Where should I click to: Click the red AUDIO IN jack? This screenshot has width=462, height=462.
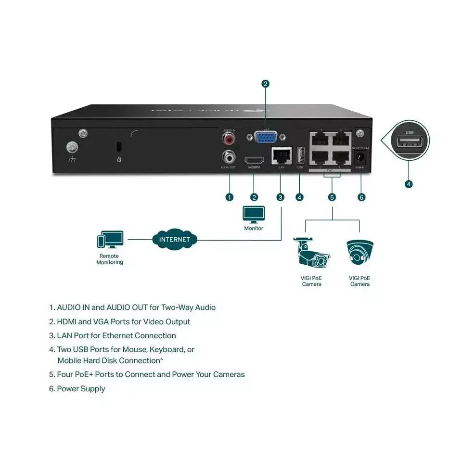point(229,139)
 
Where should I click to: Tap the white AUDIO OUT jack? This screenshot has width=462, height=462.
point(229,156)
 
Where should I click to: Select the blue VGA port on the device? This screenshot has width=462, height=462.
point(265,138)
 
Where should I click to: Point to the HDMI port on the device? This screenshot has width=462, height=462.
point(254,159)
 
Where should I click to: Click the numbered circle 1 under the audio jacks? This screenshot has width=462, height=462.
point(229,196)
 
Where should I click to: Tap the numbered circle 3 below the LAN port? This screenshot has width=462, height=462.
point(281,196)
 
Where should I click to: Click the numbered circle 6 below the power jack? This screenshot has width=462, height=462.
point(362,196)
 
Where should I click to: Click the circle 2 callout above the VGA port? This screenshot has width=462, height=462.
point(265,84)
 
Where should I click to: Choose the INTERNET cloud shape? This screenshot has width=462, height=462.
point(175,239)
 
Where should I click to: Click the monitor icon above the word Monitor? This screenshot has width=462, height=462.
point(254,215)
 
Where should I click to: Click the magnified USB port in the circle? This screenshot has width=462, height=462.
point(410,142)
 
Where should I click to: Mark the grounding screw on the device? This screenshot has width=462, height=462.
point(73,145)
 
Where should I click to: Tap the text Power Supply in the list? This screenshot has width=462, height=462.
point(81,388)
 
